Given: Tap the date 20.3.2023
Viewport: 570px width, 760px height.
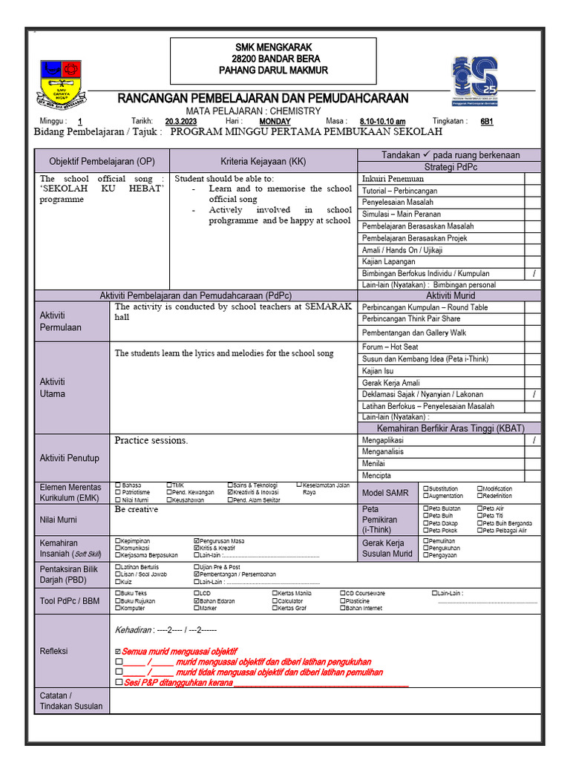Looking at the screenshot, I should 180,121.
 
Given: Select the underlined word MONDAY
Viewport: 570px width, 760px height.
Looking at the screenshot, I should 275,121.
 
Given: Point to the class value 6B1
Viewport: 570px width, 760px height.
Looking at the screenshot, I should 487,121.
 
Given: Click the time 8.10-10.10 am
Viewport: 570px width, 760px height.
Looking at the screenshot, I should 382,121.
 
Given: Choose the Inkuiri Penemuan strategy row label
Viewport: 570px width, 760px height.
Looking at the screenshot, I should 393,179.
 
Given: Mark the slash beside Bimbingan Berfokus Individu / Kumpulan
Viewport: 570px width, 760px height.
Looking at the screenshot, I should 534,273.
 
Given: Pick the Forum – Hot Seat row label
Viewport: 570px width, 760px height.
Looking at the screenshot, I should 390,347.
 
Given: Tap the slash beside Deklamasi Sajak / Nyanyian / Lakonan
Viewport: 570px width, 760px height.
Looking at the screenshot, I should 534,394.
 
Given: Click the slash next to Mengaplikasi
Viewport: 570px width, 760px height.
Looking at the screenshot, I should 534,440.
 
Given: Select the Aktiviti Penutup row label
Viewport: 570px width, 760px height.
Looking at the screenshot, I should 69,458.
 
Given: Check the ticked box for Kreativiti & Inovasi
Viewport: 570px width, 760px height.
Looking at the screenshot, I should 230,492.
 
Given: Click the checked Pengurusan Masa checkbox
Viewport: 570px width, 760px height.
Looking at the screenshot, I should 196,541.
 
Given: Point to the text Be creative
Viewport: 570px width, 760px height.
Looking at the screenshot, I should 136,510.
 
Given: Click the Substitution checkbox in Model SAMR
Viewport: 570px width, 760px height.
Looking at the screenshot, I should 426,488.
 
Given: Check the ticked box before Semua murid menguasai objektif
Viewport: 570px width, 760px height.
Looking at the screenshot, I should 118,651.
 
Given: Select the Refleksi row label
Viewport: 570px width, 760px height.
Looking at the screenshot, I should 53,651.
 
